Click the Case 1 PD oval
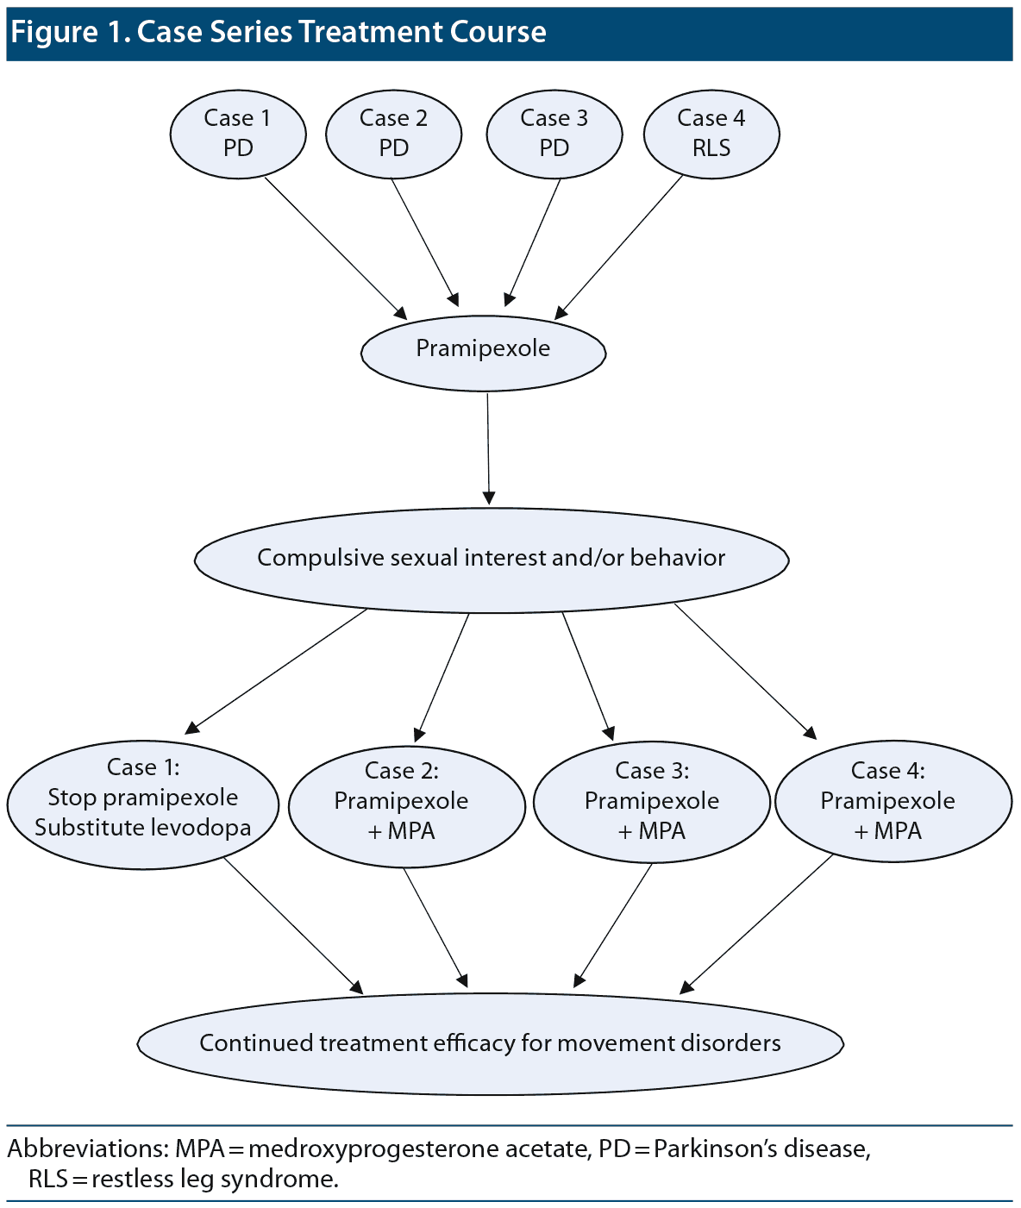coord(238,134)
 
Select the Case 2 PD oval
coord(393,134)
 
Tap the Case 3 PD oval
coord(554,134)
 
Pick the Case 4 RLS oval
coord(711,134)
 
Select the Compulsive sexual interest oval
coord(492,560)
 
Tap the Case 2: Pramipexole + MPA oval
coord(406,805)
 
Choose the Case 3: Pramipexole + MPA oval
coord(652,802)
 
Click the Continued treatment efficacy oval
coord(490,1043)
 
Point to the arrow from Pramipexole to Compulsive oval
coord(488,448)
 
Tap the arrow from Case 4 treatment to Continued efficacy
coord(759,923)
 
